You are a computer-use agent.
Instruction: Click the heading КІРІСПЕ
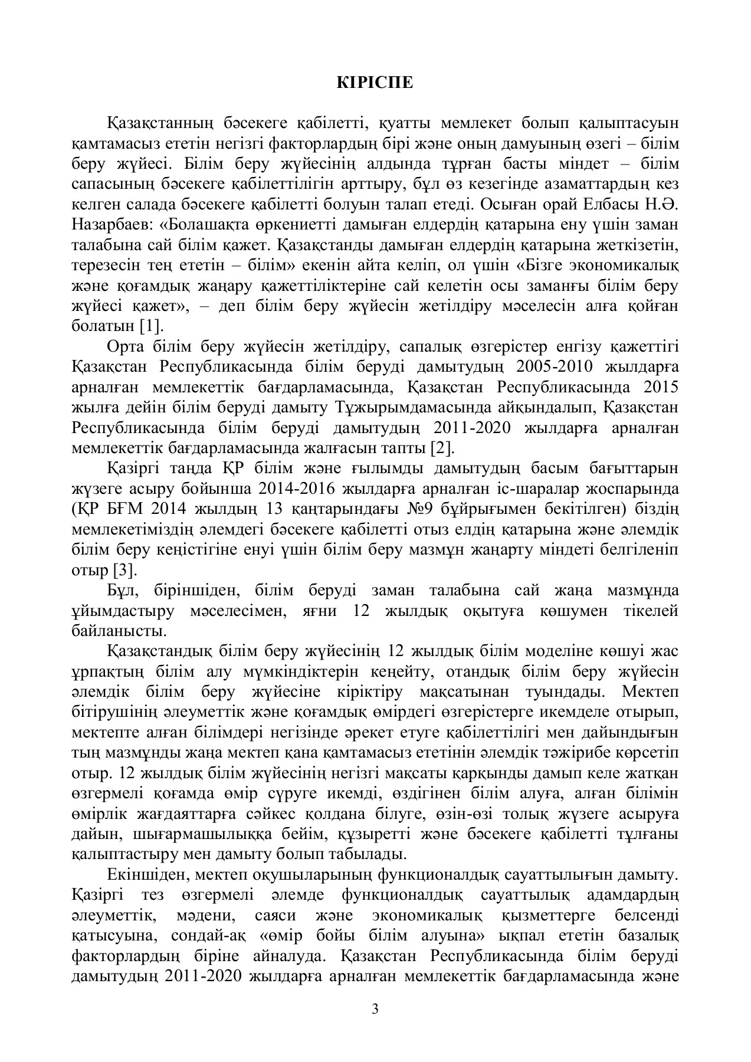tap(375, 83)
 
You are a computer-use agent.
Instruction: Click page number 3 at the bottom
tap(375, 1007)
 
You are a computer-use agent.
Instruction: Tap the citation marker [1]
tap(152, 326)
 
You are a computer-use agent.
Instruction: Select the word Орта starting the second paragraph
tap(126, 346)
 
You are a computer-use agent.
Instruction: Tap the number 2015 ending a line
tap(661, 387)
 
